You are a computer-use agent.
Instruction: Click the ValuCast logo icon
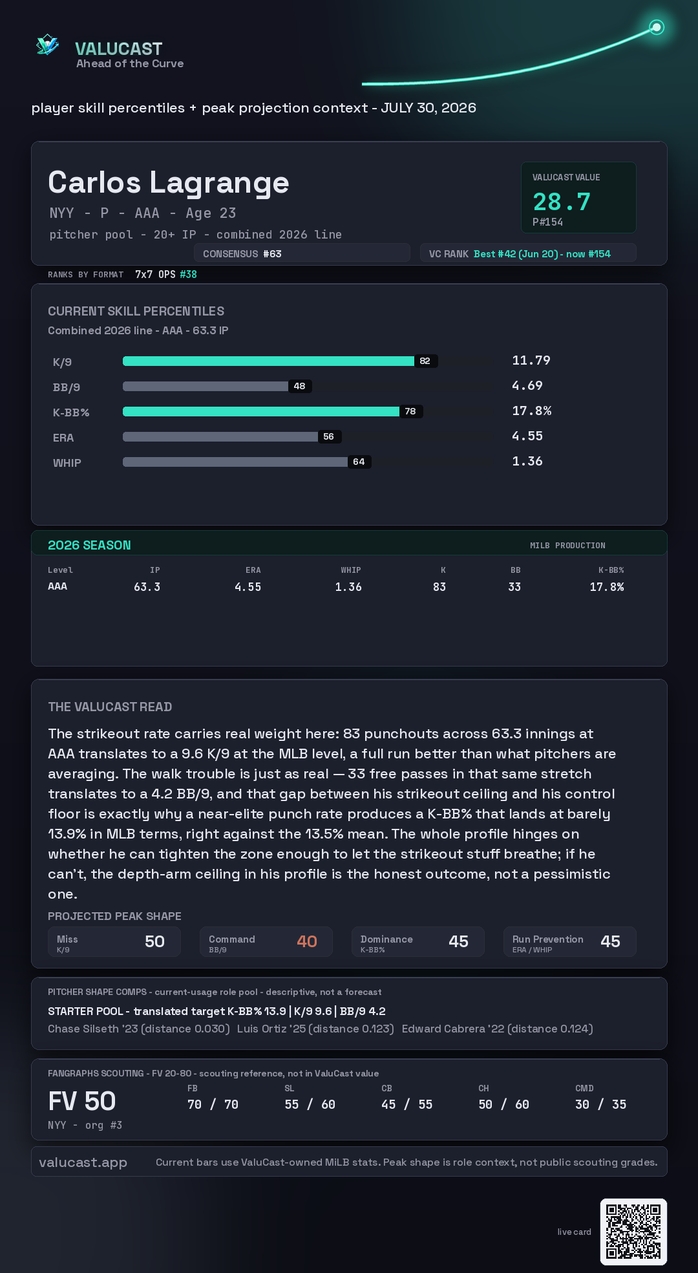[x=47, y=45]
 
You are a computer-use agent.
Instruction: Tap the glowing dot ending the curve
[x=657, y=27]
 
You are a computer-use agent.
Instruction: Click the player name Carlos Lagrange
[x=168, y=183]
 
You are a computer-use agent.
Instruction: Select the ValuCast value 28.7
[x=562, y=202]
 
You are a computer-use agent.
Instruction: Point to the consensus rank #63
[x=271, y=254]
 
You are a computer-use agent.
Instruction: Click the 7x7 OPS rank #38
[x=188, y=275]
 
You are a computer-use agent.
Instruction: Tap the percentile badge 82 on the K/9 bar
[x=425, y=361]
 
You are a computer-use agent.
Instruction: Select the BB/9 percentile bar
[x=206, y=386]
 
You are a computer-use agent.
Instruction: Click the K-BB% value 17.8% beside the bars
[x=532, y=411]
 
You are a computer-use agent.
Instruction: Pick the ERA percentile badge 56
[x=329, y=436]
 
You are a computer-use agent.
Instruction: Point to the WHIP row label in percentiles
[x=67, y=463]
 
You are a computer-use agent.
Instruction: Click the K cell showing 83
[x=439, y=587]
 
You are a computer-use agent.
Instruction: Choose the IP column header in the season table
[x=155, y=570]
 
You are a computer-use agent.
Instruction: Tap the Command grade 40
[x=307, y=941]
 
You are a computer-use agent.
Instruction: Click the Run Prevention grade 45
[x=610, y=941]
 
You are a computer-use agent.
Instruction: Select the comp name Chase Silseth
[x=83, y=1029]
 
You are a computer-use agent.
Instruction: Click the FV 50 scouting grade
[x=82, y=1101]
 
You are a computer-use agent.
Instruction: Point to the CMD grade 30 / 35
[x=601, y=1104]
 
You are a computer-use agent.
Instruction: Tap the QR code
[x=633, y=1232]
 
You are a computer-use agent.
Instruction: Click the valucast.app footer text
[x=83, y=1162]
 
